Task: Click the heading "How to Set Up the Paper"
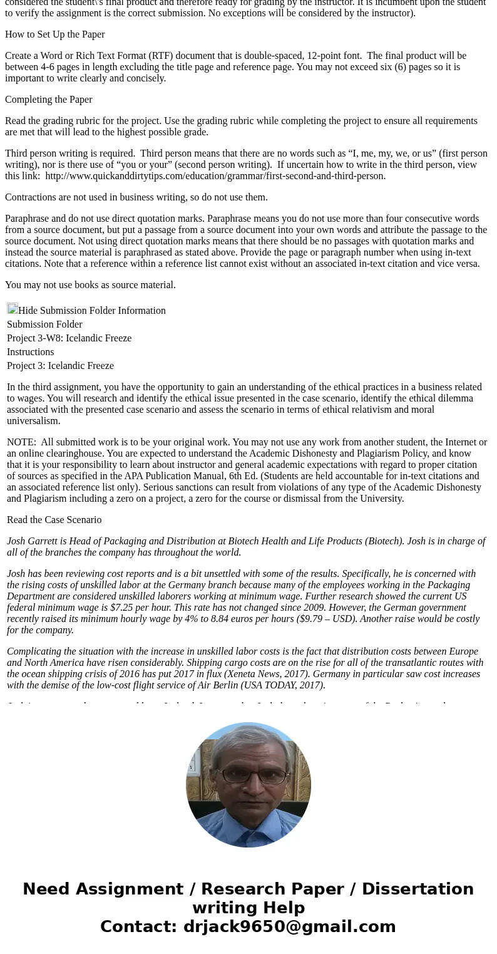55,34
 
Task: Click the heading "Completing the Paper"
49,100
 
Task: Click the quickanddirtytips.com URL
215,176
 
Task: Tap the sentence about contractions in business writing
136,197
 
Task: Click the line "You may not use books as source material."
90,285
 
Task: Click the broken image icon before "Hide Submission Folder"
13,309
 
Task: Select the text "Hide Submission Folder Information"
92,311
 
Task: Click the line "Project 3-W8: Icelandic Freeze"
69,338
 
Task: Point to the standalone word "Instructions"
30,352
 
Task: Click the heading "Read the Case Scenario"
54,520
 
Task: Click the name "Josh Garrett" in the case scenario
32,541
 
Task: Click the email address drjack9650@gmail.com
289,926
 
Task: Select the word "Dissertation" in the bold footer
418,889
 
